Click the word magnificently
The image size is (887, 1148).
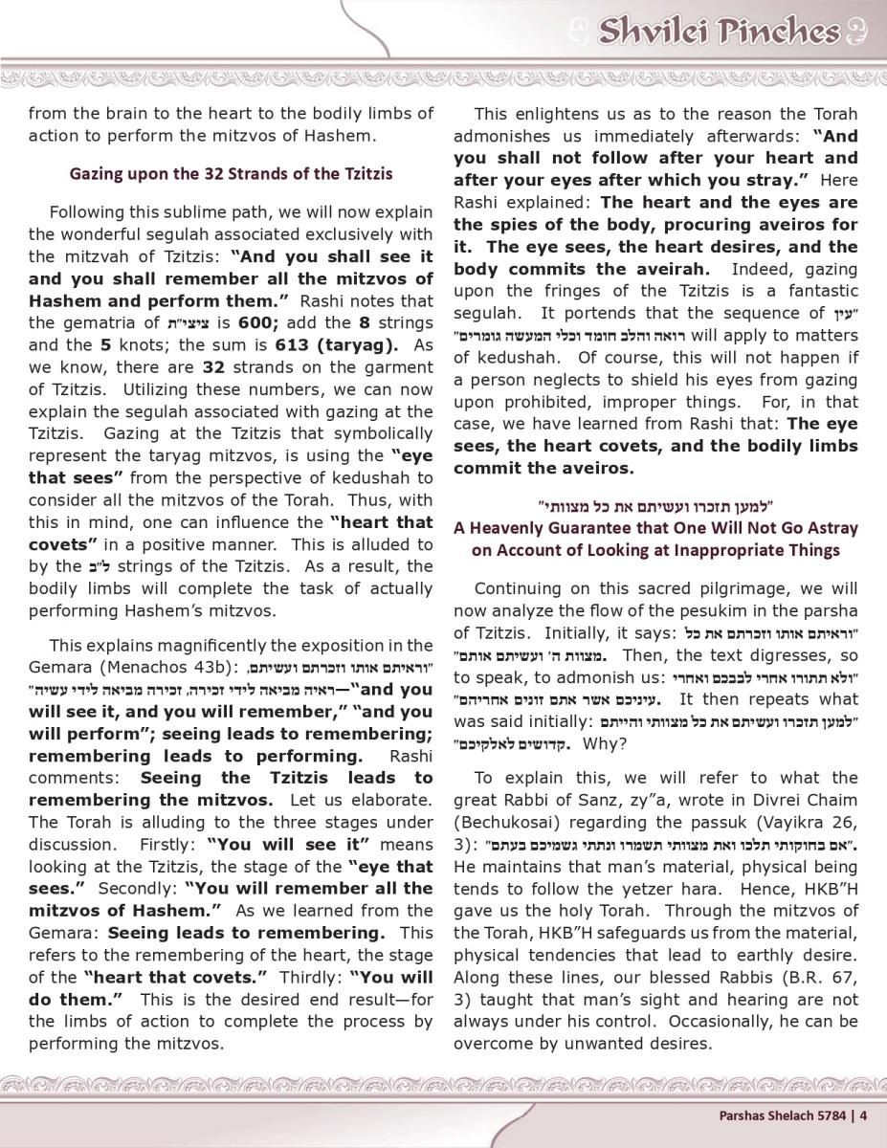pyautogui.click(x=204, y=646)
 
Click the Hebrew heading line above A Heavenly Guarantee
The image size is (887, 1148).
pyautogui.click(x=655, y=504)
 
